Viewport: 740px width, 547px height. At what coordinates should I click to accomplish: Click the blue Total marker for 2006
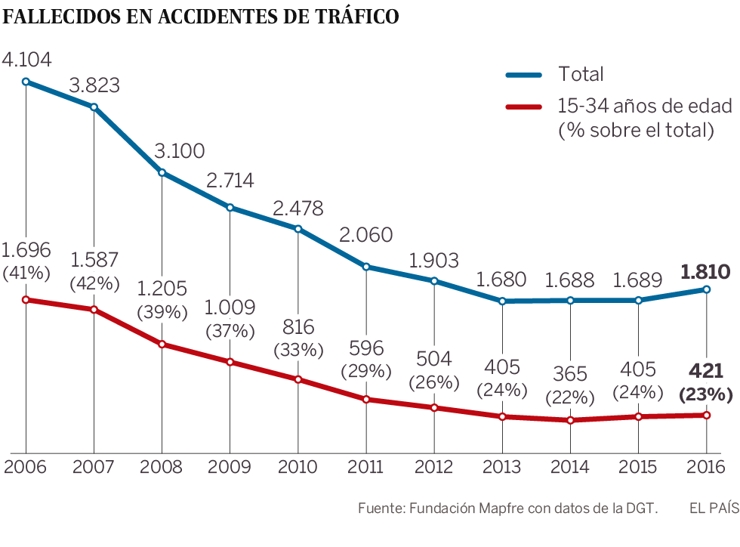tap(26, 82)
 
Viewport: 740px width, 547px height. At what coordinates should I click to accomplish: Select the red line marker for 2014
tap(571, 420)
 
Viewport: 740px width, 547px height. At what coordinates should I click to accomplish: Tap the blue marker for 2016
tap(707, 289)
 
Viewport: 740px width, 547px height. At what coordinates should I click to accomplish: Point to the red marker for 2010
tap(298, 379)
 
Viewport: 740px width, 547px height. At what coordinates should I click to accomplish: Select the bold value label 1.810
tap(705, 272)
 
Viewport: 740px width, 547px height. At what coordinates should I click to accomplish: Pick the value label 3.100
tap(180, 151)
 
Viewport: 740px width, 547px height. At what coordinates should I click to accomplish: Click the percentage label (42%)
tap(94, 284)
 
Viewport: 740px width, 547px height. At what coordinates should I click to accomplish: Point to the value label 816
tap(298, 327)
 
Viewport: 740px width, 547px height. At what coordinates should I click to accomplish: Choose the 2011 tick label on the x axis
tap(366, 466)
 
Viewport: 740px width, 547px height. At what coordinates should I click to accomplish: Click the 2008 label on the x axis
tap(162, 466)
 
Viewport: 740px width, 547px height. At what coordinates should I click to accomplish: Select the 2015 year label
tap(639, 466)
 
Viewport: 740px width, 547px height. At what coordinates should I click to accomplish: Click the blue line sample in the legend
tap(523, 74)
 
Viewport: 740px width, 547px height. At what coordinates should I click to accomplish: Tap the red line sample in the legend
tap(523, 107)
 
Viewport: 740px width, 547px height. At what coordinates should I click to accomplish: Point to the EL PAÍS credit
tap(714, 508)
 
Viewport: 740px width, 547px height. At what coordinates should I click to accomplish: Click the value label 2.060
tap(367, 235)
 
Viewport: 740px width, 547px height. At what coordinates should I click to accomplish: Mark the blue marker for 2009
tap(230, 207)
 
